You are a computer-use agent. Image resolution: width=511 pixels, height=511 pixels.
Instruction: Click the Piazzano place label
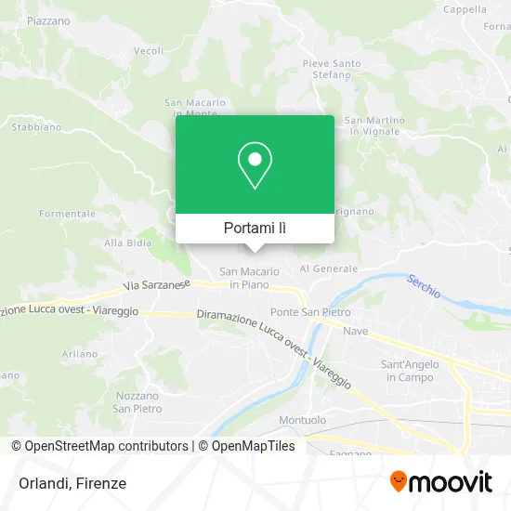[48, 20]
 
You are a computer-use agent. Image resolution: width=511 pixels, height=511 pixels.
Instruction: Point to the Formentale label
[67, 214]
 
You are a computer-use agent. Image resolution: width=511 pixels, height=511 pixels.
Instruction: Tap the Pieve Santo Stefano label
[332, 69]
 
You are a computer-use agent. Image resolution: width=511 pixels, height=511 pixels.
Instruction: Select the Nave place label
[356, 331]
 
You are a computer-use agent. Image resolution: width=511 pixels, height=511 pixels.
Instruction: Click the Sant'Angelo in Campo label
[404, 371]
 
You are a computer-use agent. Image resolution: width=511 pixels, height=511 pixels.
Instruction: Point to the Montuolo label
[302, 420]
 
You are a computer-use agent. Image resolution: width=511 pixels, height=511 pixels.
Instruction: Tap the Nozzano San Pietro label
[137, 402]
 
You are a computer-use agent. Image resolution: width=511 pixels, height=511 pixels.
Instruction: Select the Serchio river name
[424, 288]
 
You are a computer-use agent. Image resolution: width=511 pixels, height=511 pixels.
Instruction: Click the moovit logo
[440, 482]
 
